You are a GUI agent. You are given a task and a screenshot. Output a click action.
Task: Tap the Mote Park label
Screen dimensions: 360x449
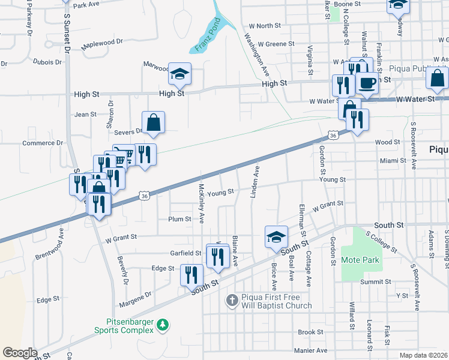[x=360, y=260]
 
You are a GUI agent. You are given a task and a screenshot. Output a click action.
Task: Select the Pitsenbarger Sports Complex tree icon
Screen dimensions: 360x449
[x=161, y=325]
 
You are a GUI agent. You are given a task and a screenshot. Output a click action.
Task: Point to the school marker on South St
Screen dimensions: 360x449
[x=276, y=237]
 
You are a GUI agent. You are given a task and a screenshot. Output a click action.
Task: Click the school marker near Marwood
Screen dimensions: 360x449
[x=179, y=74]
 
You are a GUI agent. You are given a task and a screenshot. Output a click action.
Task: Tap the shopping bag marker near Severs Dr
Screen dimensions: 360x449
[x=154, y=122]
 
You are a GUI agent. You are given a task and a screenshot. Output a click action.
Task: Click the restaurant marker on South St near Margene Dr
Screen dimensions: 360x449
[x=191, y=275]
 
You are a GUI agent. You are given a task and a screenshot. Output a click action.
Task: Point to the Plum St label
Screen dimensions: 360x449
[x=179, y=220]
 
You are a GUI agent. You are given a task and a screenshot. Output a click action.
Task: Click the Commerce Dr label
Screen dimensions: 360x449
[x=43, y=143]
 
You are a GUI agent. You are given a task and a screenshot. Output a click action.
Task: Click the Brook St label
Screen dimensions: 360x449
[x=311, y=332]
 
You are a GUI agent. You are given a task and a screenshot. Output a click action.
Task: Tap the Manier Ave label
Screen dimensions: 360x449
[x=310, y=350]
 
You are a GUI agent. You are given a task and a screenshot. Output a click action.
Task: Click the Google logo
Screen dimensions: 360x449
[x=20, y=353]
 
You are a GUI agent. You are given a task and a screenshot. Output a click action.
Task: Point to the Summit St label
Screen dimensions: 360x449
[x=376, y=281]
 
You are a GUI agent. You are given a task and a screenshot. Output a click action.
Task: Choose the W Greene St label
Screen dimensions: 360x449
[x=271, y=44]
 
